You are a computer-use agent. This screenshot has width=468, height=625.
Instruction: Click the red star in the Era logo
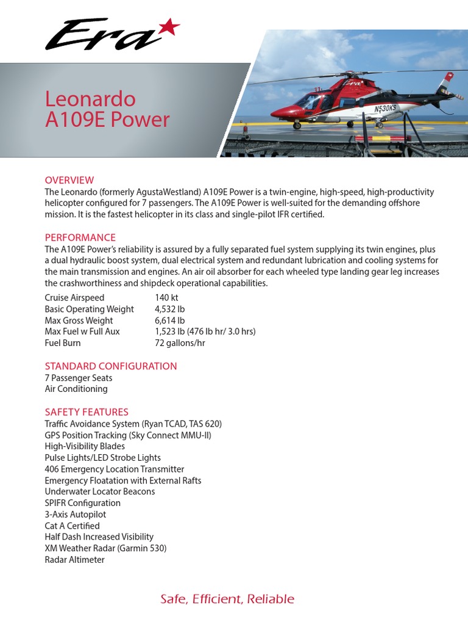point(169,26)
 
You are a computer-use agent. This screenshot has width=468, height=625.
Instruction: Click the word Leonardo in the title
point(90,99)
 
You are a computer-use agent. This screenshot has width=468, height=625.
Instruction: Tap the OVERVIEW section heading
point(69,180)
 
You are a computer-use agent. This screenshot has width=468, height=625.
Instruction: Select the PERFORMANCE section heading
point(80,237)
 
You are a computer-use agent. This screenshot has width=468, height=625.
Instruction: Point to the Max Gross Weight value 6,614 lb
point(170,320)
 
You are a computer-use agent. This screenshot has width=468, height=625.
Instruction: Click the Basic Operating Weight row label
point(89,309)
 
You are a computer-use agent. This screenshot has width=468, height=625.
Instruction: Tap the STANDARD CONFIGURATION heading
point(111,366)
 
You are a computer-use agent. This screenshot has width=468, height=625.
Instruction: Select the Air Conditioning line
point(76,389)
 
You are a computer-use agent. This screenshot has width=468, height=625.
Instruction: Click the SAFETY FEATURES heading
point(87,412)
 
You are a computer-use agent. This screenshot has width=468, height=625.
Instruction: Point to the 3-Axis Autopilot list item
point(76,515)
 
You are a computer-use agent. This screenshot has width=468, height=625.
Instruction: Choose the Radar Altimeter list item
point(74,560)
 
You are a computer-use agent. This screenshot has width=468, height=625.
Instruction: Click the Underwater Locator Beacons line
point(100,491)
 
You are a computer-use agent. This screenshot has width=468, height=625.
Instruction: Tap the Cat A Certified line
point(72,526)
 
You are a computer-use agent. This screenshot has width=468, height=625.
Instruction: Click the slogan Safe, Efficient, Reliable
point(227,599)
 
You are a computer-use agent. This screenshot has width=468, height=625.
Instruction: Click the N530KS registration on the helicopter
point(385,107)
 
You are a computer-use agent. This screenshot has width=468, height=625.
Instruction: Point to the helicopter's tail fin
point(448,79)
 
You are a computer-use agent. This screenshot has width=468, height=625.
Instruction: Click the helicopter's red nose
point(279,112)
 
